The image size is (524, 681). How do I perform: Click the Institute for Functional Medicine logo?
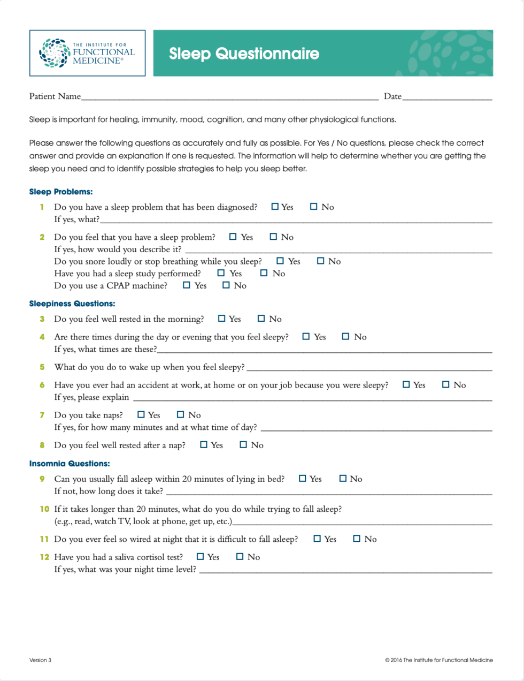(87, 53)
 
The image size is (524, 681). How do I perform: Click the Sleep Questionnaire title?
(244, 54)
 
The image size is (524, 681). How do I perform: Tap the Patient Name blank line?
(230, 97)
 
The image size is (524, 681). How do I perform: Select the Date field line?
(447, 97)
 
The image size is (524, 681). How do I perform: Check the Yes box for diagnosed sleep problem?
(275, 207)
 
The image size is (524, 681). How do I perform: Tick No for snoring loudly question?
(321, 261)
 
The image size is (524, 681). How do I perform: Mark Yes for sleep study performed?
(221, 273)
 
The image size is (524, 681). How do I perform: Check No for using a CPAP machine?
(226, 285)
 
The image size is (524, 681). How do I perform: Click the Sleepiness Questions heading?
(72, 304)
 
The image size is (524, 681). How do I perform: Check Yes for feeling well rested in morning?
(222, 319)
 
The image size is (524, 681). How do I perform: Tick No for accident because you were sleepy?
(446, 384)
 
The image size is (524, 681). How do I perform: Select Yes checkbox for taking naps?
(141, 414)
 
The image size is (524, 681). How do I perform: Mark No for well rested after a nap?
(243, 444)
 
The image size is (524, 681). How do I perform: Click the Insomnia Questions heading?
(70, 464)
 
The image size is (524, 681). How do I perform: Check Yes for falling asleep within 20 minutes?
(303, 479)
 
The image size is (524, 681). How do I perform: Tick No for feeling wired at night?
(357, 539)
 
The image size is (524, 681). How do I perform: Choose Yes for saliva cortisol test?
(201, 557)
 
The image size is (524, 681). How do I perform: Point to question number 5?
(42, 367)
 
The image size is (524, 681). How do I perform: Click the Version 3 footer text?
(41, 660)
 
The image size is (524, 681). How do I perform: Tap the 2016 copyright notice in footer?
(439, 660)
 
